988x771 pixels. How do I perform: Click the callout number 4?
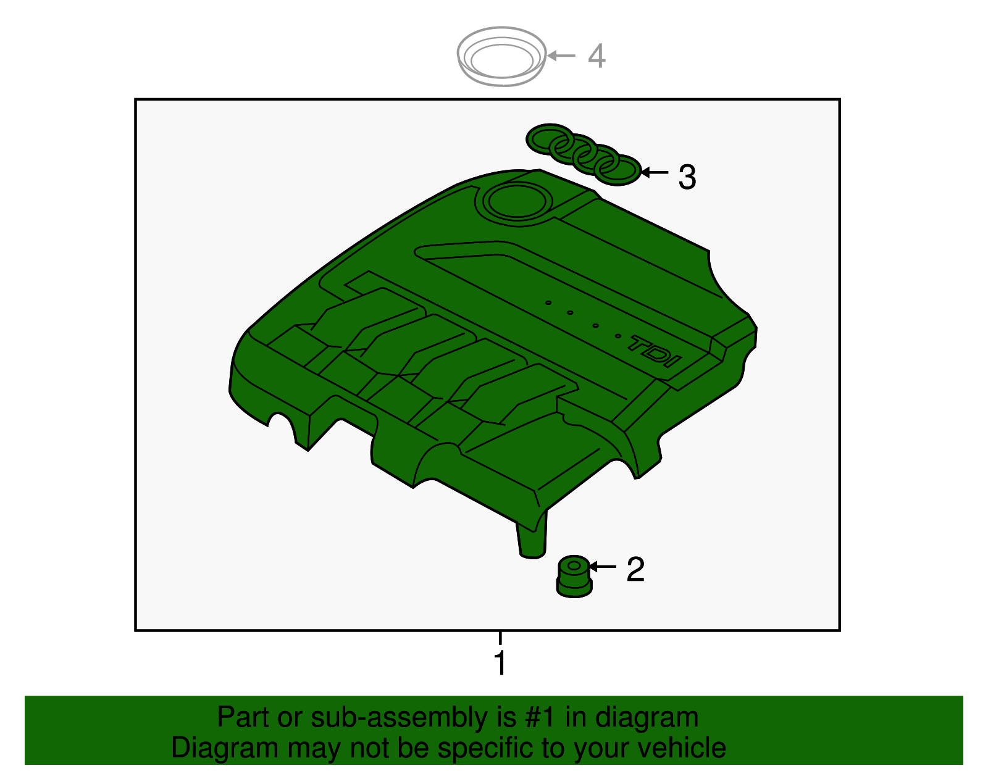pyautogui.click(x=596, y=56)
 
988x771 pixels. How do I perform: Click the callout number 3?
pyautogui.click(x=687, y=177)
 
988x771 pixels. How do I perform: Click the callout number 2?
pyautogui.click(x=635, y=569)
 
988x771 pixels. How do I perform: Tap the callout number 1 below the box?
pyautogui.click(x=500, y=664)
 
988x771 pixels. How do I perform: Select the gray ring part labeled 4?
pyautogui.click(x=501, y=56)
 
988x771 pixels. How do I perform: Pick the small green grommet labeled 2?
pyautogui.click(x=573, y=577)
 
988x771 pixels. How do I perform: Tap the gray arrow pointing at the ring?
pyautogui.click(x=561, y=56)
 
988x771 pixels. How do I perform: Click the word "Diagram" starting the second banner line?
pyautogui.click(x=216, y=748)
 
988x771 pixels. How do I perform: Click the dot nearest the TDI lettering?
pyautogui.click(x=617, y=336)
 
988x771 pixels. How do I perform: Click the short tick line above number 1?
pyautogui.click(x=500, y=638)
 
